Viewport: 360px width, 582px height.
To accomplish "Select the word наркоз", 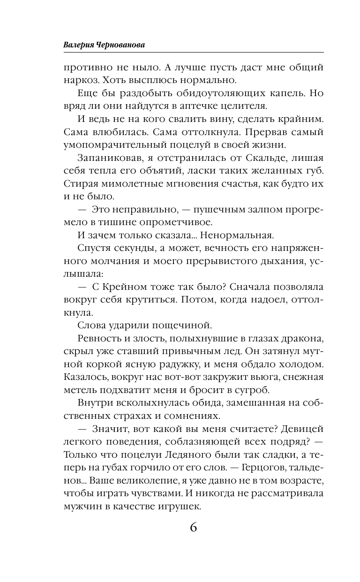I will tap(80, 81).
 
